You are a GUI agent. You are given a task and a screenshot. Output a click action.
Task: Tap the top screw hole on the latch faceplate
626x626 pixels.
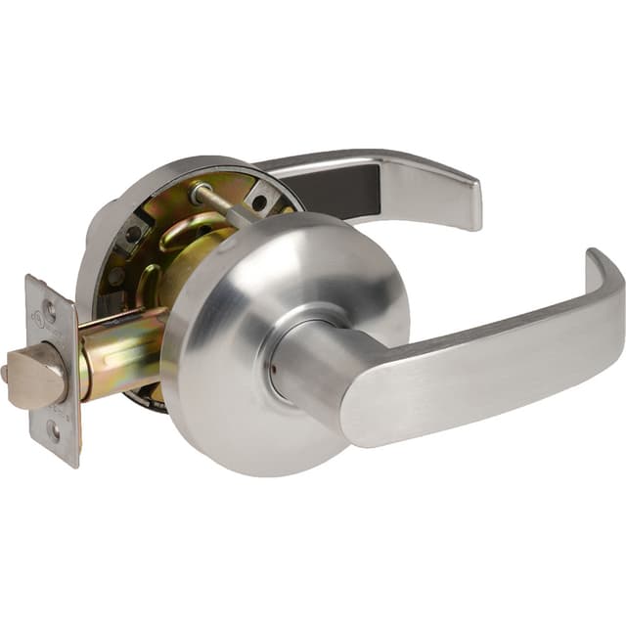click(49, 312)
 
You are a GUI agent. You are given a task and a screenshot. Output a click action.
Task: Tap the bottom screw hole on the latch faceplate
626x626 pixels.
click(54, 427)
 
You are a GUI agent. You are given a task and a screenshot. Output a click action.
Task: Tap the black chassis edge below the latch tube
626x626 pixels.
click(147, 396)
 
